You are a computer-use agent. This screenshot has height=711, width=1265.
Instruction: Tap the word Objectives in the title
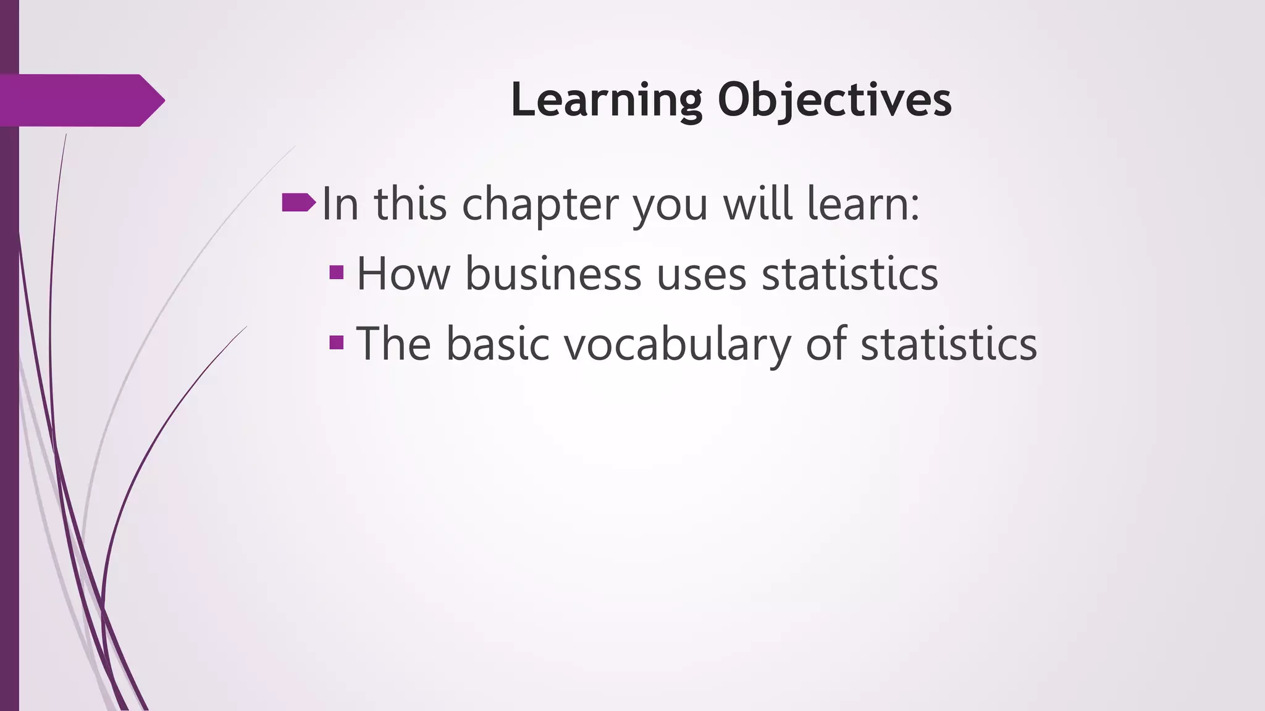pos(834,100)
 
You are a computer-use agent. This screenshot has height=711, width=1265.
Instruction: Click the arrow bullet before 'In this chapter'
pos(298,202)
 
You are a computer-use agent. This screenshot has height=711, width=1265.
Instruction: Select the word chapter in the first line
pos(540,205)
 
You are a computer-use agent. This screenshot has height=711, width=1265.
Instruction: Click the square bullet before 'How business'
pos(337,272)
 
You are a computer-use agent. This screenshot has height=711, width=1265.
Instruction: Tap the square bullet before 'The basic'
pos(337,342)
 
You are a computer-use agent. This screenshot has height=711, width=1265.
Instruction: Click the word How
pos(403,273)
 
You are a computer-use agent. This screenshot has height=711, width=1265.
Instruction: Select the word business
pos(553,273)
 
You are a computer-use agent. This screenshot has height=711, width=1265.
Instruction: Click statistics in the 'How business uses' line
pos(849,273)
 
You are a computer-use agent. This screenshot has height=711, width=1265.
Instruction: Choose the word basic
pos(498,343)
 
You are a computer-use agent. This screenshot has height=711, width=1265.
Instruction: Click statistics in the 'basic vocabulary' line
pos(948,343)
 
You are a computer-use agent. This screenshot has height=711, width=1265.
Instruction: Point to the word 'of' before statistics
pos(826,343)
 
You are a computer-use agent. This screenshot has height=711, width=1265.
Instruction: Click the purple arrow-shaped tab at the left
pos(80,101)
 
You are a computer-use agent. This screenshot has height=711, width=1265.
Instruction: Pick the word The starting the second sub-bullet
pos(393,343)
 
